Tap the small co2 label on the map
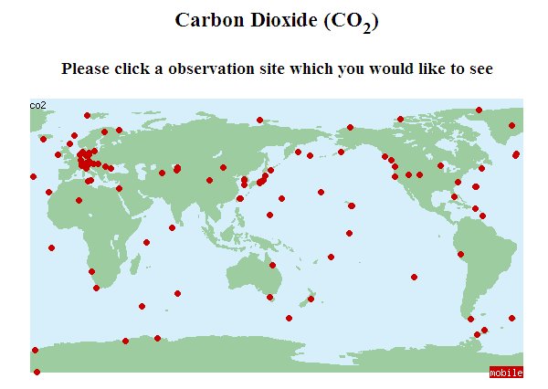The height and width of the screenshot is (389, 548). [37, 105]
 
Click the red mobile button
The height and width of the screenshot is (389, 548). [506, 373]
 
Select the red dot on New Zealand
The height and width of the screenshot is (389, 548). [311, 299]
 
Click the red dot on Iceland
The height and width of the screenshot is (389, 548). [43, 139]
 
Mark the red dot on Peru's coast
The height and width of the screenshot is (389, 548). [460, 255]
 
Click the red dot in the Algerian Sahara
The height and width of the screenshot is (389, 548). [79, 200]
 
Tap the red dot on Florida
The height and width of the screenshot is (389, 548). [454, 196]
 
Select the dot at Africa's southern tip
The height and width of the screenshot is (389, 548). [97, 289]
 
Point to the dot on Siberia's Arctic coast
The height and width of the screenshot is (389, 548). [260, 120]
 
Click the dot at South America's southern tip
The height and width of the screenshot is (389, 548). [476, 335]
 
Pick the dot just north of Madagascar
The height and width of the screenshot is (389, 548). [146, 242]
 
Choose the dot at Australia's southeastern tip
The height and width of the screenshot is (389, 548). [269, 297]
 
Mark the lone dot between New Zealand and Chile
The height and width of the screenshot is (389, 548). [415, 277]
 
